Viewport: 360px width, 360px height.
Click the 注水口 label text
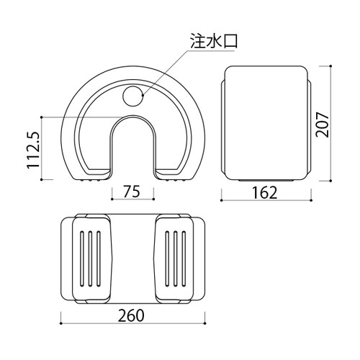point(214,41)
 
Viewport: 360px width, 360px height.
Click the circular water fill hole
point(132,96)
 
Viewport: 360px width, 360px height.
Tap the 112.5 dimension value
point(33,150)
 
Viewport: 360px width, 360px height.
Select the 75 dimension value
point(132,192)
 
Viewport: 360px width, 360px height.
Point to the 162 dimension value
point(265,192)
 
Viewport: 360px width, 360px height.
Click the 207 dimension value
point(322,125)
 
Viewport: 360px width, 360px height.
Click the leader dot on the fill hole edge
point(143,95)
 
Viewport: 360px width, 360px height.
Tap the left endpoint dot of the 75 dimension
point(112,199)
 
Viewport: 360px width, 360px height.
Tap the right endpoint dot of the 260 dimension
point(205,323)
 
